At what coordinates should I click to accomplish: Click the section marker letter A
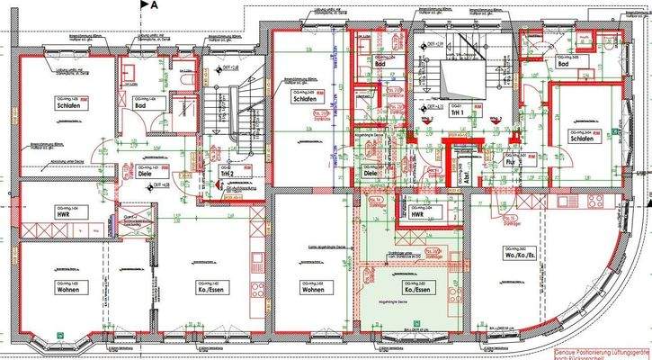point(155,5)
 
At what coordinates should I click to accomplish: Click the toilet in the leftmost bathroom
point(183,80)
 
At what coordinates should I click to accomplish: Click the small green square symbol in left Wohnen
point(59,335)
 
